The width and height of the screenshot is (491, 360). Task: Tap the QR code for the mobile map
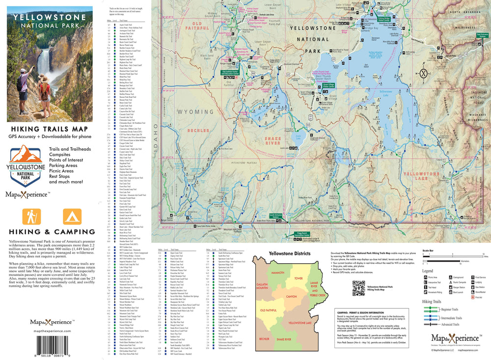[359, 287]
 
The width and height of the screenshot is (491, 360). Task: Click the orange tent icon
[72, 217]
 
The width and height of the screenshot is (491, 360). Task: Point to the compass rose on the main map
[424, 74]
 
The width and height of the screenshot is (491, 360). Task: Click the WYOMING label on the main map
[192, 112]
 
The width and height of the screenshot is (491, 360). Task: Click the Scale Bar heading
[428, 250]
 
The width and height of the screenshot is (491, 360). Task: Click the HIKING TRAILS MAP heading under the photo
[47, 128]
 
